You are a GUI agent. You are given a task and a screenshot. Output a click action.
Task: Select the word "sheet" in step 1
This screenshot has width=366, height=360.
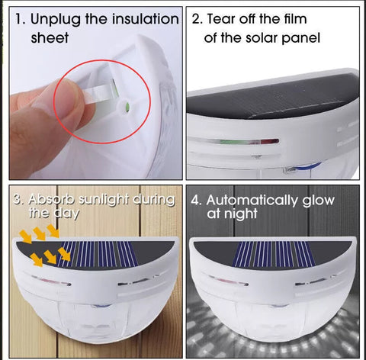[50, 37]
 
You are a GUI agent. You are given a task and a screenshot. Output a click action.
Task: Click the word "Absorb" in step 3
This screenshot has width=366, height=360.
[51, 200]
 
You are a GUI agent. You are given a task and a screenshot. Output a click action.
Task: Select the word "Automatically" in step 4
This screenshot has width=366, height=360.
[252, 201]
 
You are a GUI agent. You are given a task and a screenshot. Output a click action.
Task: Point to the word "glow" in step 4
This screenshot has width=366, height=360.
[318, 201]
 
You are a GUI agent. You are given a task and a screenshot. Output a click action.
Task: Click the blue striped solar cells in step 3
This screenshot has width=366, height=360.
[98, 254]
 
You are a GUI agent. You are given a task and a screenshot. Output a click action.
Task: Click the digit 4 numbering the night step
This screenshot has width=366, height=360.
[194, 201]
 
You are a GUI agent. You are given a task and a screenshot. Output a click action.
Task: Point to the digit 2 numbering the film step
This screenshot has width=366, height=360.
[196, 19]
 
